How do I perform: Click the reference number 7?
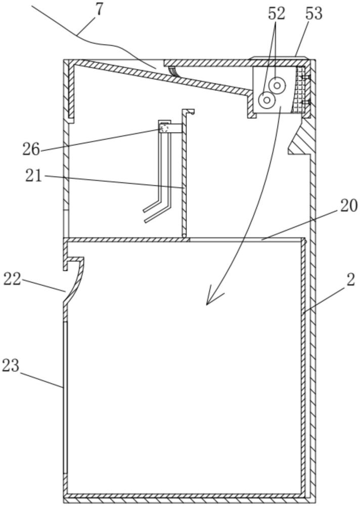coord(99,9)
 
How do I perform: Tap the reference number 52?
coord(277,14)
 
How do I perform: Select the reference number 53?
coord(313,14)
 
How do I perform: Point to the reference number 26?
coord(31,149)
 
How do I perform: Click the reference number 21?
coord(34,176)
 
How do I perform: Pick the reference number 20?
coord(348,205)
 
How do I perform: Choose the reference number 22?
coord(12,278)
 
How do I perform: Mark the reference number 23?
coord(11,365)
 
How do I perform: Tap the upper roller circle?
coord(277,86)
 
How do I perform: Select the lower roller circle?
coord(266,100)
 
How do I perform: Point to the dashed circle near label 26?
coord(164,129)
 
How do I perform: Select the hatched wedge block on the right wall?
coord(302,139)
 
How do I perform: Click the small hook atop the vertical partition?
coord(189,111)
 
